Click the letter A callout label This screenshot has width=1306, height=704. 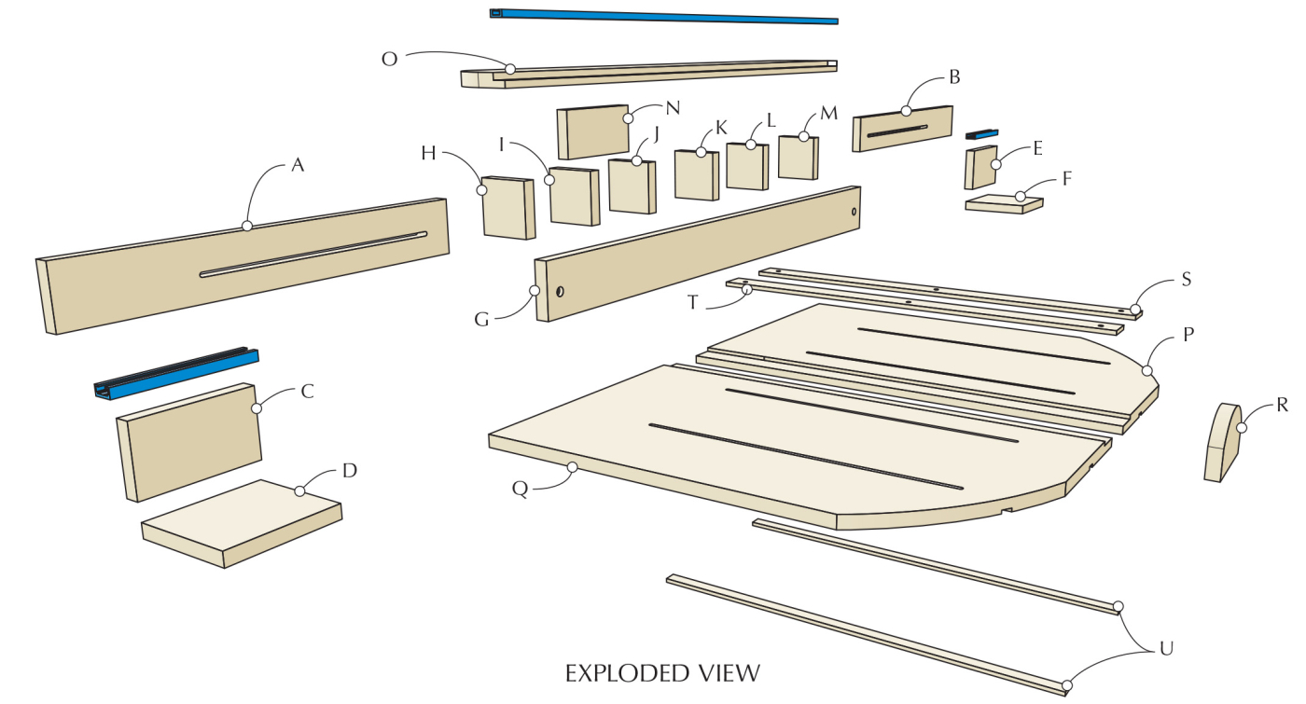pyautogui.click(x=298, y=166)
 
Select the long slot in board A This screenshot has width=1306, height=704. pyautogui.click(x=313, y=254)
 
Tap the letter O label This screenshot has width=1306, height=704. pyautogui.click(x=390, y=58)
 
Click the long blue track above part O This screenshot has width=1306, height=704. pyautogui.click(x=663, y=16)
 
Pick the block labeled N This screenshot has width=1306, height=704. pyautogui.click(x=592, y=131)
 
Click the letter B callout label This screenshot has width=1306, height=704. pyautogui.click(x=954, y=77)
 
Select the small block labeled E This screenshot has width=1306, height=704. pyautogui.click(x=980, y=167)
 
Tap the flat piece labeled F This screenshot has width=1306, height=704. pyautogui.click(x=1004, y=204)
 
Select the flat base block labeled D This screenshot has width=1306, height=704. pyautogui.click(x=241, y=522)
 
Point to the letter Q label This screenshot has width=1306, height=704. pyautogui.click(x=521, y=486)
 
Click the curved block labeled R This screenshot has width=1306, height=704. pyautogui.click(x=1221, y=443)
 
